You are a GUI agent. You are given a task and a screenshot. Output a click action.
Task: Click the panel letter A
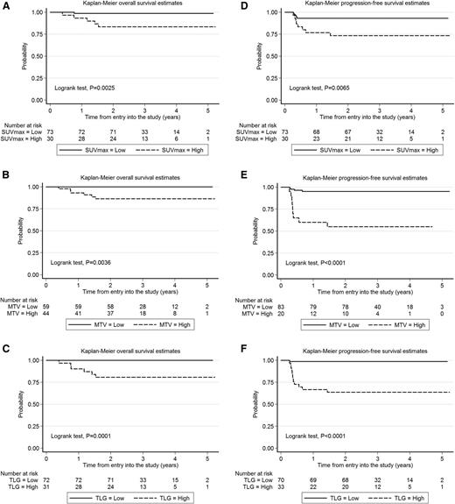5,5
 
